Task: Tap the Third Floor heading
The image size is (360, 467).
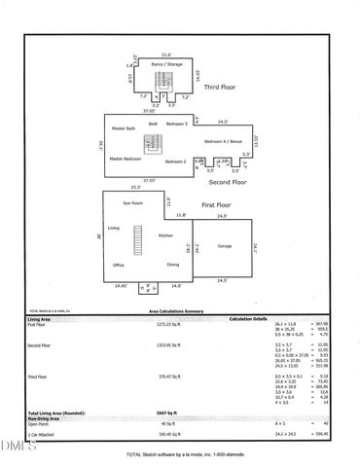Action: point(220,87)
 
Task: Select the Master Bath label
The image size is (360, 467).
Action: point(124,128)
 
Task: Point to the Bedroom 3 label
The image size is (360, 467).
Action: point(176,125)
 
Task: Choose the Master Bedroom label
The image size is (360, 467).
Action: point(125,159)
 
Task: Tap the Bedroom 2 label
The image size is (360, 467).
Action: point(176,162)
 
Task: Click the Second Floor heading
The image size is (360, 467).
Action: point(227,182)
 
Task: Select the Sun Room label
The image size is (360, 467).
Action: point(132,203)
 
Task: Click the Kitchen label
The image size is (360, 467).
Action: point(165,235)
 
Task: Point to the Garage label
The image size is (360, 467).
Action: point(224,245)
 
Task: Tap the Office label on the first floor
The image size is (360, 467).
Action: point(118,265)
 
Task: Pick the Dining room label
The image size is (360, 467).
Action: point(172,265)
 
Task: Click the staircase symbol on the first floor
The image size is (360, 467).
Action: point(138,236)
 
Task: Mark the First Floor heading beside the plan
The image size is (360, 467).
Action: point(216,206)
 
